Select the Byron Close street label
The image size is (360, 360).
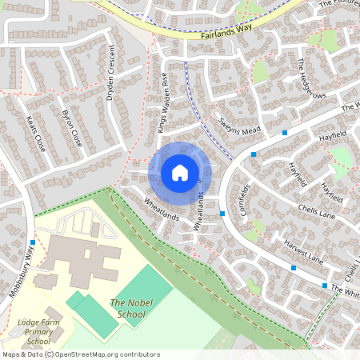coord(72,128)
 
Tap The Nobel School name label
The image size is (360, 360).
coord(127,308)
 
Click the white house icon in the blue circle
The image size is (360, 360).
coord(180,172)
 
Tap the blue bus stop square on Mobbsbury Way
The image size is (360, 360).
coord(33,242)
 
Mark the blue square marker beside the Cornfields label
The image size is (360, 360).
coord(222,214)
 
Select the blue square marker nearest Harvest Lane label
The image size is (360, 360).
coord(293,267)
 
